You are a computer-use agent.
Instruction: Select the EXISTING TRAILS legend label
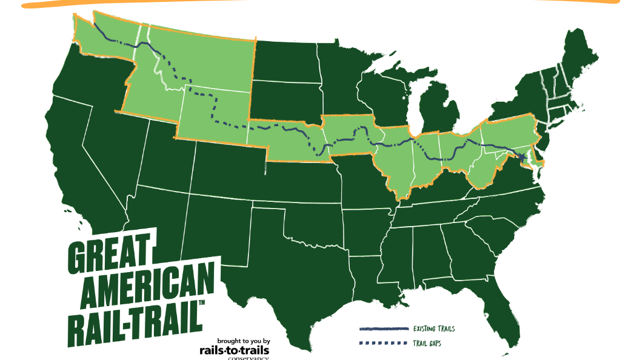click(x=433, y=328)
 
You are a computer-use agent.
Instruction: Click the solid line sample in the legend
click(x=383, y=329)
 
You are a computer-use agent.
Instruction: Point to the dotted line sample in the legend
click(x=383, y=344)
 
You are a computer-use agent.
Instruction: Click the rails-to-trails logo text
click(x=234, y=350)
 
